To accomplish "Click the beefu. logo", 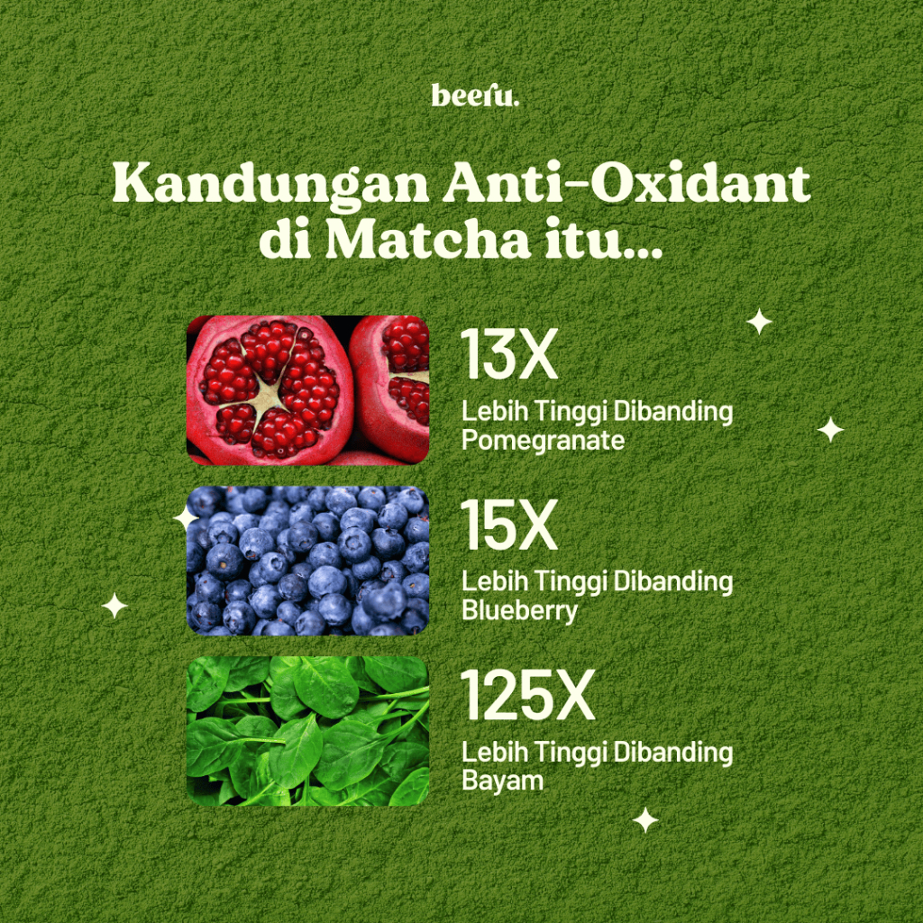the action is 475,96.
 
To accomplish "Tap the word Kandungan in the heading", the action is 270,184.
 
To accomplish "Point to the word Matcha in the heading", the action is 428,238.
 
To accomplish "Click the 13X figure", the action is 509,353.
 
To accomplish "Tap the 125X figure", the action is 528,695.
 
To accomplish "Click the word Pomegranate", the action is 543,441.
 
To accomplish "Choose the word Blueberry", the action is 519,611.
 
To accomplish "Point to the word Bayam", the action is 502,781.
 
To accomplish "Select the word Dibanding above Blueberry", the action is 673,581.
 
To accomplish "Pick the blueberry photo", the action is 307,561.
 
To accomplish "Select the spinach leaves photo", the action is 307,731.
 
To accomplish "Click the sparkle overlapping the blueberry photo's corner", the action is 186,518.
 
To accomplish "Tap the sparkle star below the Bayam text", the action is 645,820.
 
